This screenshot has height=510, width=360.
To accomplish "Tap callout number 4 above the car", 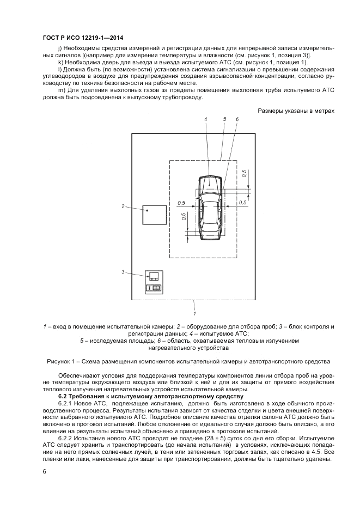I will [206, 119].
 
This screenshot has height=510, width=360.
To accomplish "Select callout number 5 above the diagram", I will [224, 119].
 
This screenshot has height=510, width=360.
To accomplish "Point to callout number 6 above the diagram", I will [237, 119].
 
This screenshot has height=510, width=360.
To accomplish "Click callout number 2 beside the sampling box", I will [124, 206].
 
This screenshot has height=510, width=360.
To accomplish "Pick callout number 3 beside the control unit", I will [124, 271].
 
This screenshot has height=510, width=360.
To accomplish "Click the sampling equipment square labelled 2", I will [155, 215].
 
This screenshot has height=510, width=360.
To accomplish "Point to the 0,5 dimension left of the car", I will [181, 203].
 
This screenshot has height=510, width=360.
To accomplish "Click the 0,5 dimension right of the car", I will [243, 203].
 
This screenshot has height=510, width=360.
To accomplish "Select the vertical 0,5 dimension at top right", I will [245, 173].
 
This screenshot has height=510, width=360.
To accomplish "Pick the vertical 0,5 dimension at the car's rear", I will [185, 217].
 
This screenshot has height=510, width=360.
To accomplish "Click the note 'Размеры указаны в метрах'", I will [294, 111].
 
